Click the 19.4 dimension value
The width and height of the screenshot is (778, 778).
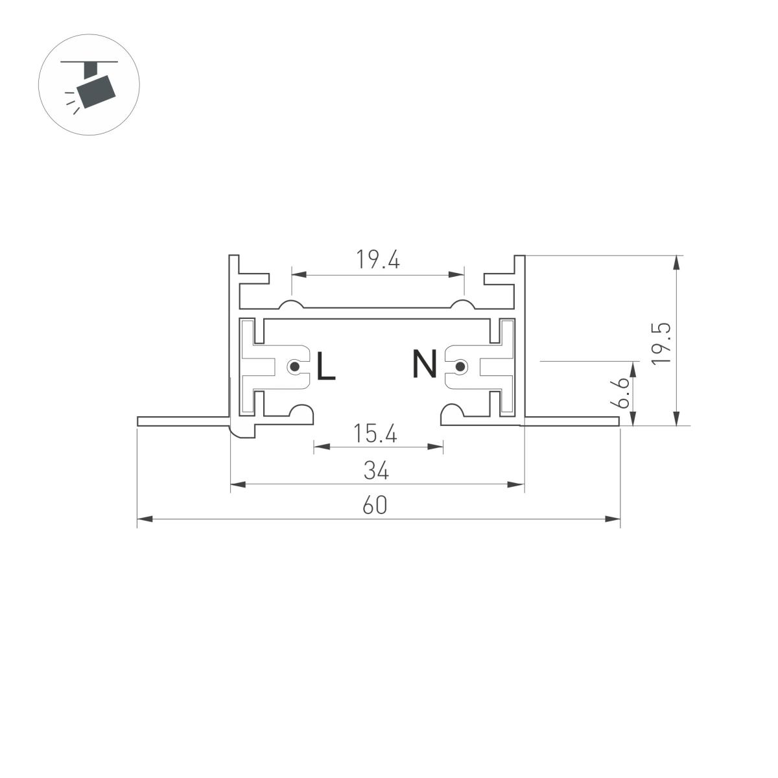[x=378, y=260]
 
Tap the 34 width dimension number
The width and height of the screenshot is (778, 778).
[x=376, y=471]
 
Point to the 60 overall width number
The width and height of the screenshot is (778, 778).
[x=375, y=505]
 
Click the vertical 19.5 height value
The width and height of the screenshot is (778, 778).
[x=661, y=344]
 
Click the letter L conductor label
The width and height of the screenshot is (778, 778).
[x=325, y=367]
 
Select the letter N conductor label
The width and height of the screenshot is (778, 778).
[x=425, y=365]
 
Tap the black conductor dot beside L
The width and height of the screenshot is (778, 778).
[x=295, y=368]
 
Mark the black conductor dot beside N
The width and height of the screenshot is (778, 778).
[x=460, y=368]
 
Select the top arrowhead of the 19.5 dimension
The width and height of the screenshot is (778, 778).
[x=677, y=263]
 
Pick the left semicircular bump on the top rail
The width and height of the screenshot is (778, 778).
[x=292, y=305]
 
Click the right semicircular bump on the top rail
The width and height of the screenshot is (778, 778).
[x=464, y=305]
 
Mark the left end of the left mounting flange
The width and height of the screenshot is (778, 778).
[x=139, y=422]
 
